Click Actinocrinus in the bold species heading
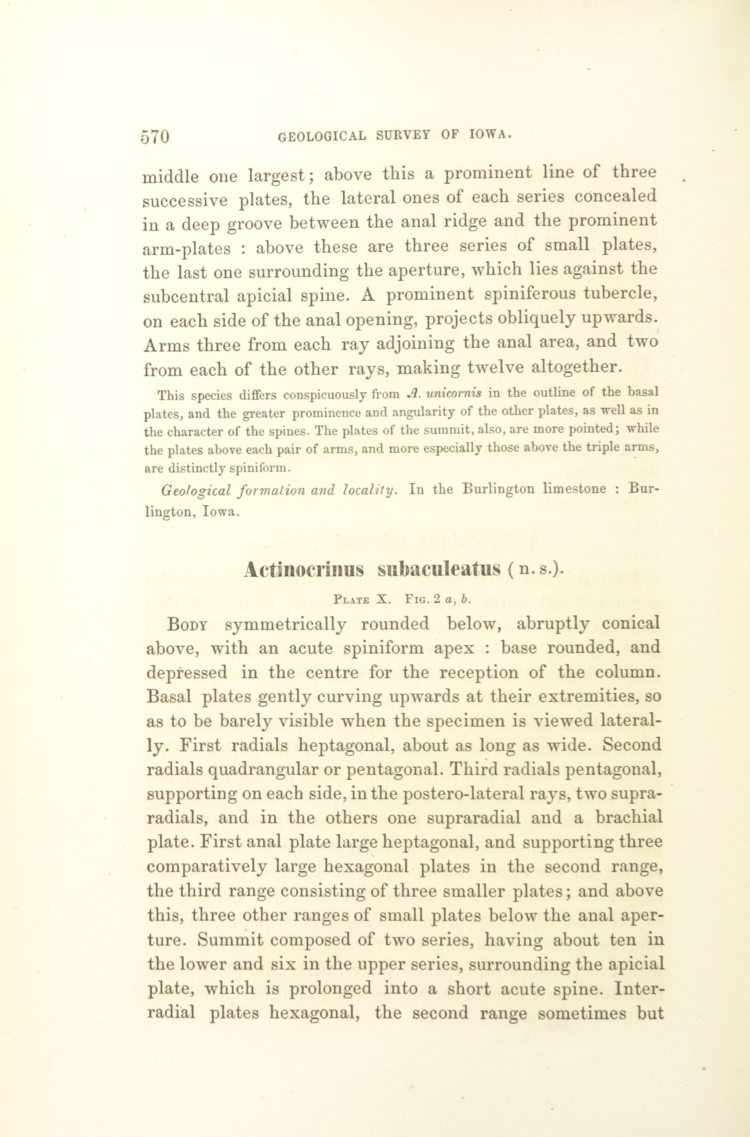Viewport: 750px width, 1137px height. tap(303, 569)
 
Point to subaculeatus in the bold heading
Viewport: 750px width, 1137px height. tap(439, 569)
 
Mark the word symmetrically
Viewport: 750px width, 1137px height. tap(285, 625)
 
